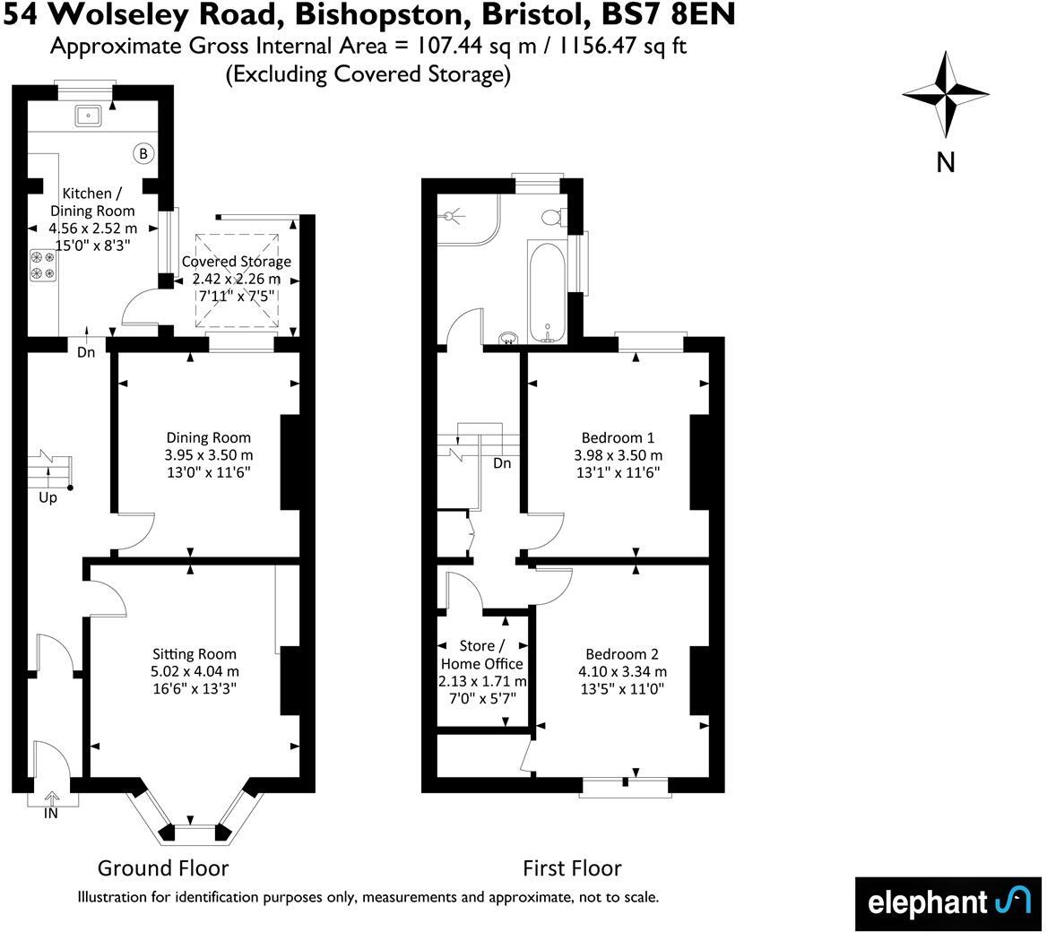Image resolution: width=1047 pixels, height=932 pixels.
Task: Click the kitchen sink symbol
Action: [x=89, y=114]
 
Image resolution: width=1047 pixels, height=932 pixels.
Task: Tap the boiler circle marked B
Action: [x=143, y=153]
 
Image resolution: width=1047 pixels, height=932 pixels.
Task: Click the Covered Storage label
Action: [x=237, y=262]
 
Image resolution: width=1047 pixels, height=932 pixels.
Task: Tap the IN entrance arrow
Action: [x=51, y=798]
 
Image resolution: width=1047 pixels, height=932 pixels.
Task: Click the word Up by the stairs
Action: [x=48, y=497]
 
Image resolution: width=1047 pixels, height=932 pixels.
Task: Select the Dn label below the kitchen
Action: [x=86, y=352]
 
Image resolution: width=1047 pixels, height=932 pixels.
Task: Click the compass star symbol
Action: [x=945, y=92]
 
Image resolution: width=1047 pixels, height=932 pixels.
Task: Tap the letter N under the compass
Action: [x=945, y=162]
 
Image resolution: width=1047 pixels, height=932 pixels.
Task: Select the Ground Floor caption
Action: [x=163, y=867]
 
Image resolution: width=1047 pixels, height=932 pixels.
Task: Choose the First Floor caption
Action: [x=572, y=867]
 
